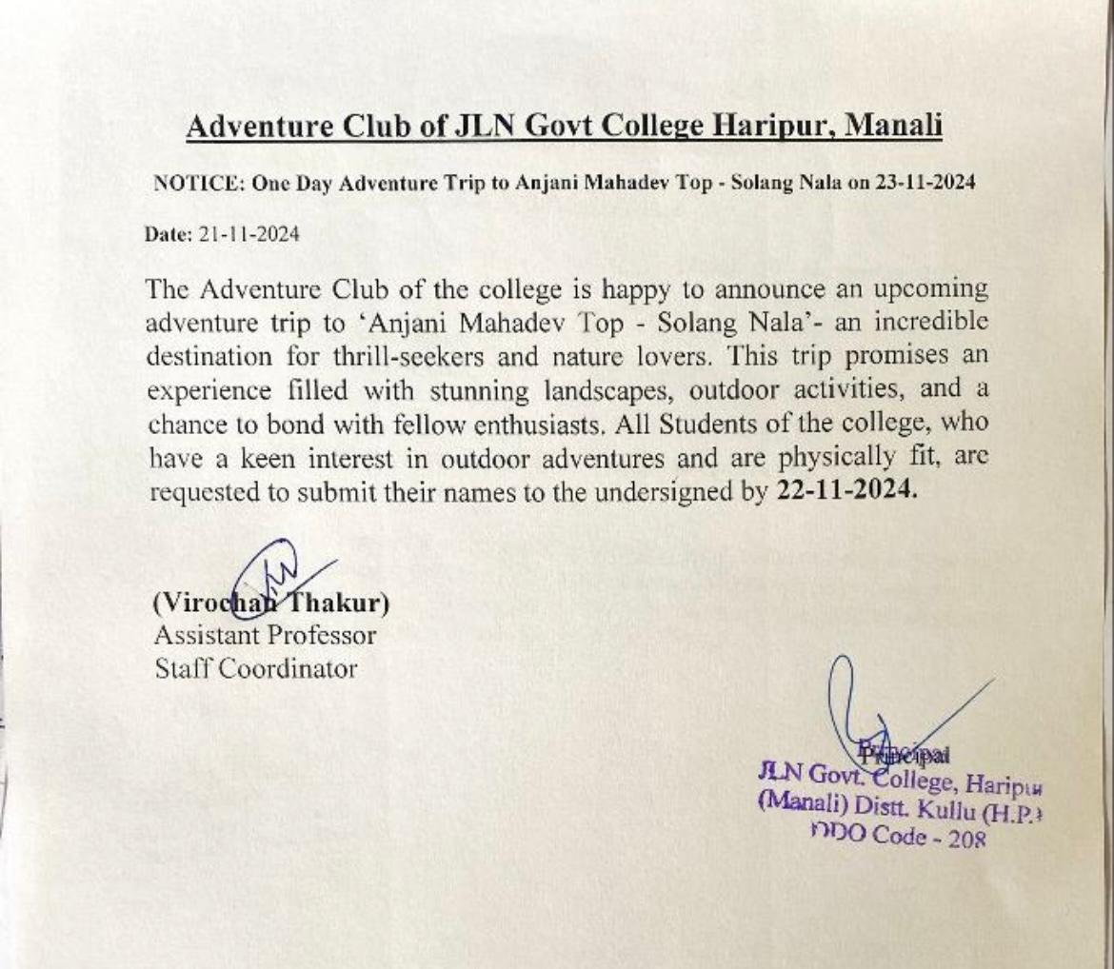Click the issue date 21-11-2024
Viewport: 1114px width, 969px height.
(x=249, y=234)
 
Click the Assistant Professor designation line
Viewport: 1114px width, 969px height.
(x=265, y=634)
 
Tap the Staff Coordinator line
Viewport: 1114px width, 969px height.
(x=255, y=668)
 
